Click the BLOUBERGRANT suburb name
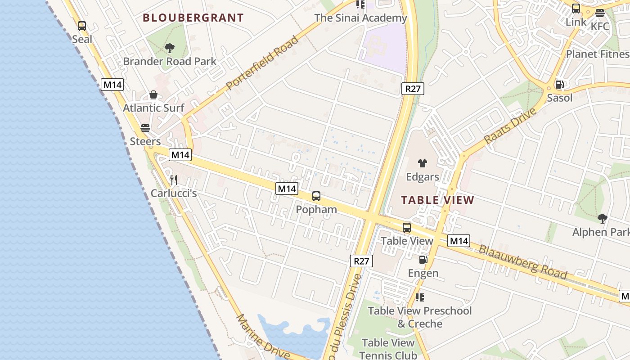(x=193, y=18)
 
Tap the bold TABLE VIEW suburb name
(x=437, y=200)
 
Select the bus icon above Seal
(x=81, y=26)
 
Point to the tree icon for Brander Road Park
(x=170, y=48)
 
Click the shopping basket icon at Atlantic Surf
(x=153, y=94)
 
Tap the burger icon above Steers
(x=145, y=128)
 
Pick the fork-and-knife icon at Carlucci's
(x=174, y=180)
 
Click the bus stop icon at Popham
(x=316, y=196)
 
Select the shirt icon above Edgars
(x=422, y=163)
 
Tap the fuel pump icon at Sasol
(x=559, y=84)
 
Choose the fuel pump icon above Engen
(x=423, y=259)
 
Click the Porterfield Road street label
(x=262, y=63)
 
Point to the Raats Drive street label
(x=510, y=126)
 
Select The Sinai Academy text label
(x=360, y=18)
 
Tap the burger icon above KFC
(x=599, y=13)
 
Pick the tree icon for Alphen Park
(x=602, y=219)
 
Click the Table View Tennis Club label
(x=388, y=349)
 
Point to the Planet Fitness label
(x=598, y=54)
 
